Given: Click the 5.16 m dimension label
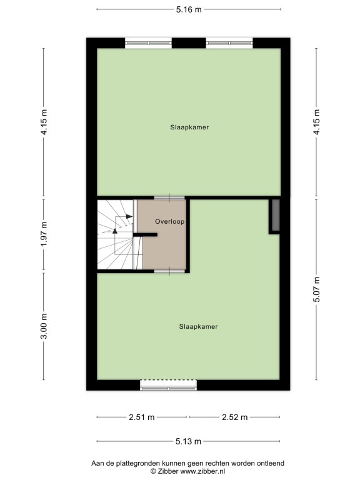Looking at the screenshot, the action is (x=189, y=9).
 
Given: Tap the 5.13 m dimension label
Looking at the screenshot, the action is (x=188, y=441).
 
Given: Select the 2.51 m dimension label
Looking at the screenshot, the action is (x=142, y=417).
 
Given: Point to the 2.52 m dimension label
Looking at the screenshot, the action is (x=235, y=417).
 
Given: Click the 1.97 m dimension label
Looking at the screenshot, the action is (x=44, y=234).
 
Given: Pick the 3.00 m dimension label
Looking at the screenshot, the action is (x=44, y=326).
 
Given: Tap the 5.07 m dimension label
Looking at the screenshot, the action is (x=316, y=289).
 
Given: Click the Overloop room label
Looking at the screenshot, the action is (x=169, y=221).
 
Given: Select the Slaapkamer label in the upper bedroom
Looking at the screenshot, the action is (x=189, y=127).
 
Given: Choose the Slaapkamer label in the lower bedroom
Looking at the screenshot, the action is (x=198, y=327).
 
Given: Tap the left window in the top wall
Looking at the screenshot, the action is (x=149, y=43).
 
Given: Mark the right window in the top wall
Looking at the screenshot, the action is (x=229, y=43).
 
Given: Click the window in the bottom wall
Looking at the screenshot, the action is (x=168, y=385).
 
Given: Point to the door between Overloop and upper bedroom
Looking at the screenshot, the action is (x=169, y=198).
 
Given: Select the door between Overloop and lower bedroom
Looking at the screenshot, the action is (x=169, y=271).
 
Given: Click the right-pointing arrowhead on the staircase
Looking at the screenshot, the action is (x=129, y=216).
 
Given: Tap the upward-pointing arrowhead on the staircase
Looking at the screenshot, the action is (x=115, y=231).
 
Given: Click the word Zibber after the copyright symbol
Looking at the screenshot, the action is (x=168, y=471).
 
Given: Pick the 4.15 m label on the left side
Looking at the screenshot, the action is (x=44, y=122).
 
